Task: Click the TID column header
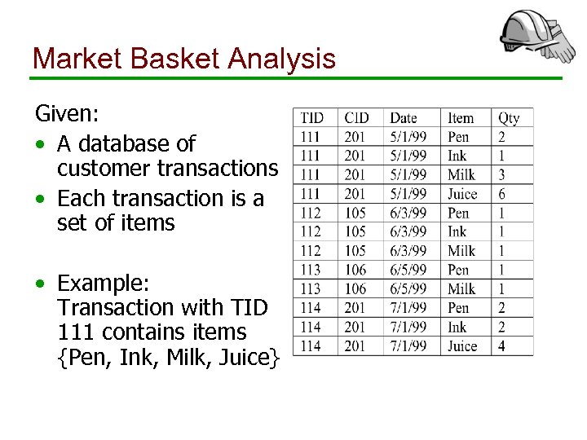311,118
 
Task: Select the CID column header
356,118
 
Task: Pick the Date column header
404,118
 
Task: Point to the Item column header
461,118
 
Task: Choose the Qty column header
509,118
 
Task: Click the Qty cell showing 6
502,194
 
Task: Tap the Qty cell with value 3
502,175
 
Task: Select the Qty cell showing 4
502,346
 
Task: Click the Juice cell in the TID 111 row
462,194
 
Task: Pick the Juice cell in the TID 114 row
462,346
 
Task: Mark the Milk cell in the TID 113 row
461,288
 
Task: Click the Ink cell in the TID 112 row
457,231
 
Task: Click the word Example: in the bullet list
104,284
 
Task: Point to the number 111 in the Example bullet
76,332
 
